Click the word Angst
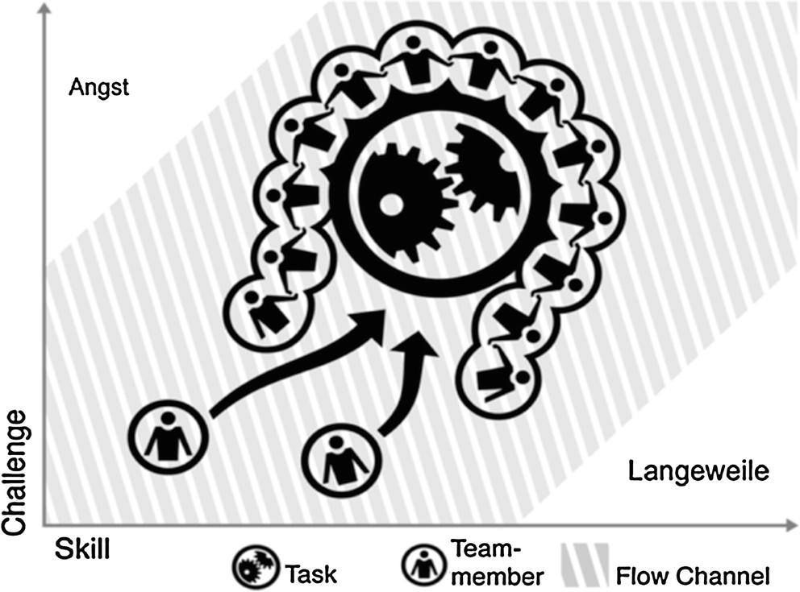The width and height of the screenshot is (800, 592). coord(100,87)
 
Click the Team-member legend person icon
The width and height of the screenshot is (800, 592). coord(423,566)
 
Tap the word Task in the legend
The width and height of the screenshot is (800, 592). coord(311,573)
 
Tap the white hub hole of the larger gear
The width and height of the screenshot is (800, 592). coord(391,204)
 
